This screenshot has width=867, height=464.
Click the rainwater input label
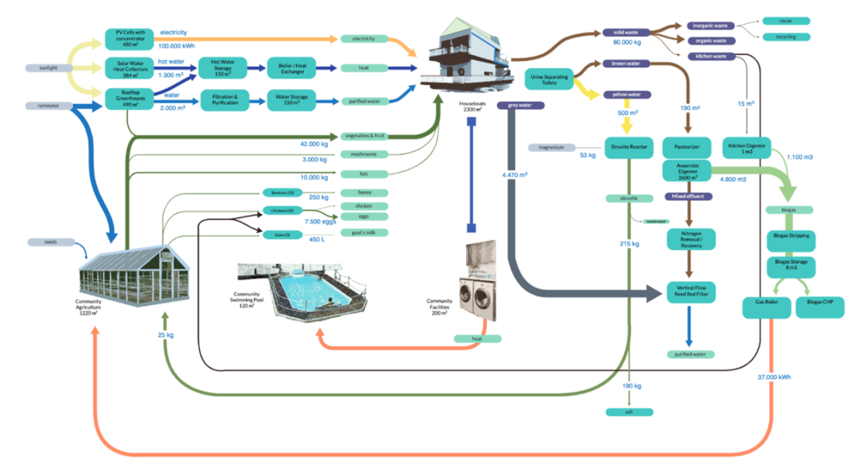tap(48, 106)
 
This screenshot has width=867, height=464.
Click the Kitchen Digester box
tap(747, 147)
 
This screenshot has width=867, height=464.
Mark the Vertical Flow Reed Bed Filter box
tap(691, 291)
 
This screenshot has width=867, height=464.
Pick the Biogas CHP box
tap(819, 307)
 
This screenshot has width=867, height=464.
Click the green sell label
tap(629, 411)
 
